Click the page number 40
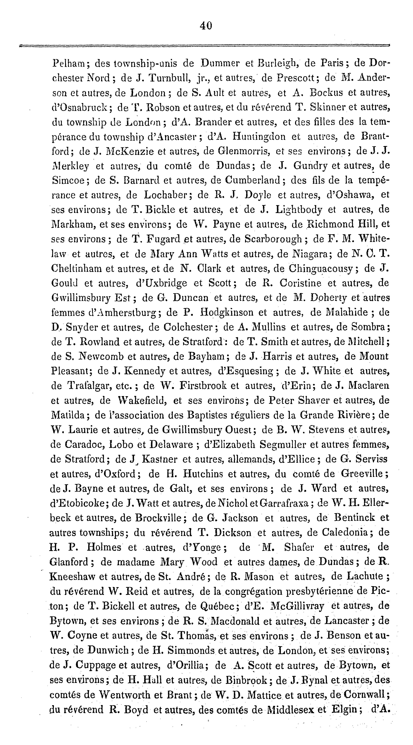click(x=206, y=26)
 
